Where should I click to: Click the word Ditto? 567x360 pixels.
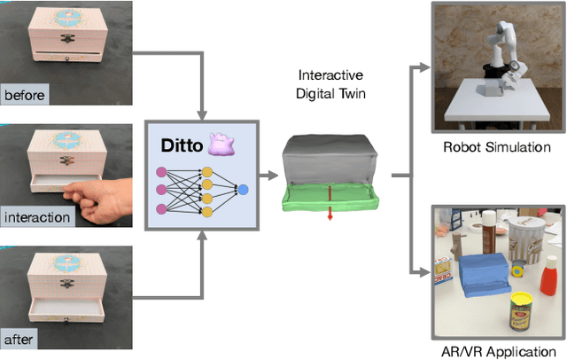pos(180,145)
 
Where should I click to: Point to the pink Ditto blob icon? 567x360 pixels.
pos(220,144)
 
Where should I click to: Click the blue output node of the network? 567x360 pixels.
pos(243,189)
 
